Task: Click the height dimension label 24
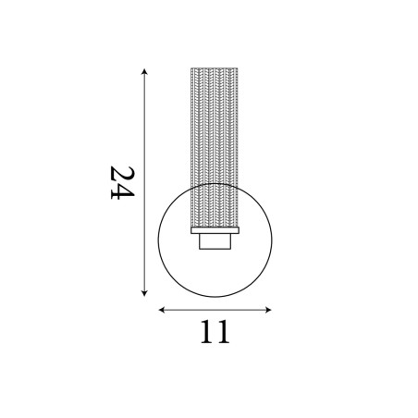(x=122, y=183)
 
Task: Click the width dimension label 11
(x=215, y=332)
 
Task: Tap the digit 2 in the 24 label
(x=122, y=174)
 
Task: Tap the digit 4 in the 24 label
(x=122, y=192)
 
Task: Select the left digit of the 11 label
(x=207, y=332)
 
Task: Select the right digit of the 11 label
(x=223, y=332)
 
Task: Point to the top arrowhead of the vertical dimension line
(x=144, y=71)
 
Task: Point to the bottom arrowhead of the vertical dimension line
(x=144, y=293)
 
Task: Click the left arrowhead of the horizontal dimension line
(x=162, y=310)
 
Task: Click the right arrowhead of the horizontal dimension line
(x=268, y=310)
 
